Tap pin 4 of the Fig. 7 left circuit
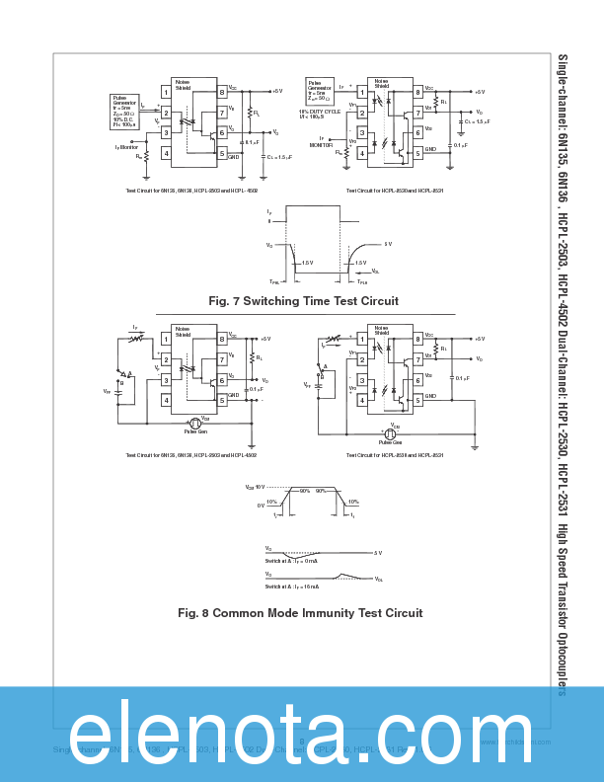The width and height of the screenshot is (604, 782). pyautogui.click(x=166, y=153)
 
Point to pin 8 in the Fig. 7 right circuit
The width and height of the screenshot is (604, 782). pyautogui.click(x=417, y=93)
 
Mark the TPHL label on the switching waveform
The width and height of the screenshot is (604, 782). pyautogui.click(x=274, y=281)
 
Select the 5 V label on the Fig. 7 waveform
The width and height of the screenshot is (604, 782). pyautogui.click(x=388, y=244)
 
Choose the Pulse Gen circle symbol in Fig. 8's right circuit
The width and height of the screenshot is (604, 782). pyautogui.click(x=390, y=433)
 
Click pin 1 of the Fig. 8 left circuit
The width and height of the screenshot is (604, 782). pyautogui.click(x=166, y=340)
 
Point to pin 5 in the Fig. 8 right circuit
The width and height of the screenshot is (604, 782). pyautogui.click(x=417, y=399)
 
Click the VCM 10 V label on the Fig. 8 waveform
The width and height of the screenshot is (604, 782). pyautogui.click(x=255, y=487)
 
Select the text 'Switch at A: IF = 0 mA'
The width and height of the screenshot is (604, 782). pyautogui.click(x=291, y=561)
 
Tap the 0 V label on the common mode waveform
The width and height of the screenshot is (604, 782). pyautogui.click(x=261, y=505)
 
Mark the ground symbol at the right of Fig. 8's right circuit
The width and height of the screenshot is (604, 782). pyautogui.click(x=475, y=446)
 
